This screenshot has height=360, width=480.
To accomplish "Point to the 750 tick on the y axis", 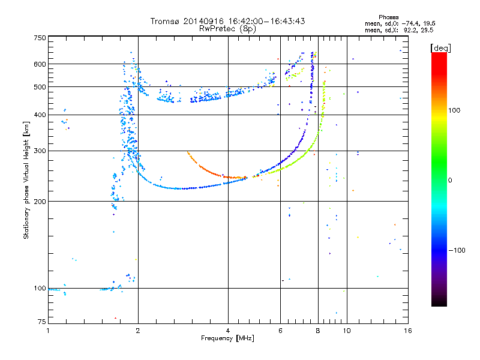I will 40,38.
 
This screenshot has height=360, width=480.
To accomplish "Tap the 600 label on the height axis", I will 40,64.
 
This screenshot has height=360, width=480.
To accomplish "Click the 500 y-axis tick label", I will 40,87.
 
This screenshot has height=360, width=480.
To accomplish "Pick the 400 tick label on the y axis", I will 40,115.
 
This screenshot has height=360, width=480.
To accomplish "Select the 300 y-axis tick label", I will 40,151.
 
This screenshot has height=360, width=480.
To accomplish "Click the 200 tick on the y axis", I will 40,202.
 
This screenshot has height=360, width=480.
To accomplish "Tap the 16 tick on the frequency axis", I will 406,331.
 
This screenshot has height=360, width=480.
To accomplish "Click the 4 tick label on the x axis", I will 228,331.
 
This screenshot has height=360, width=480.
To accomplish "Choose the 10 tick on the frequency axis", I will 346,331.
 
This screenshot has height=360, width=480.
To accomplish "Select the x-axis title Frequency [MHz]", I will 227,338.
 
